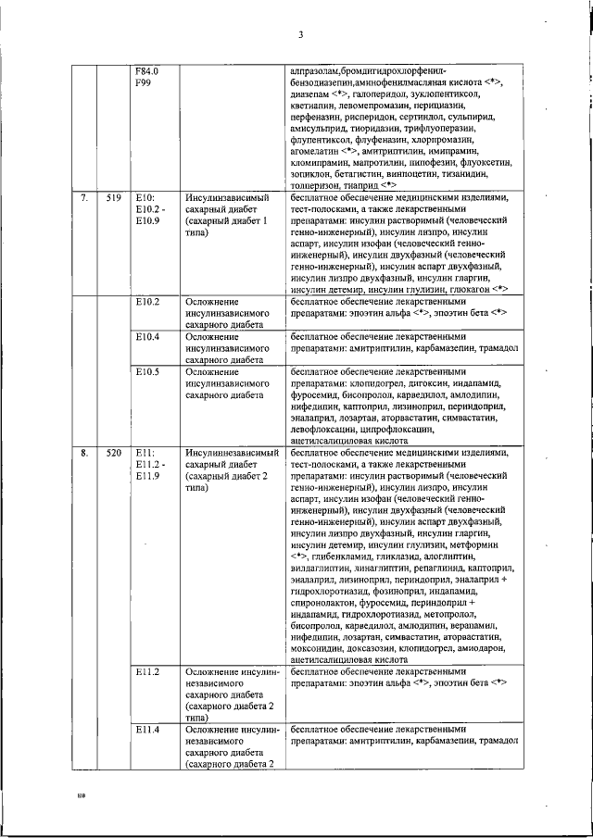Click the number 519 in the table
114,198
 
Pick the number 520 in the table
114,453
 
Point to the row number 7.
84,198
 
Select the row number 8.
84,453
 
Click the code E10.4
147,336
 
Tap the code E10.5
147,371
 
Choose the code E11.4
147,730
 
